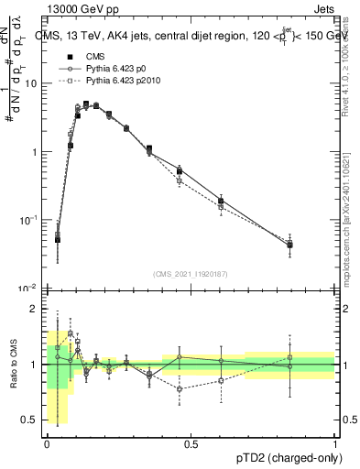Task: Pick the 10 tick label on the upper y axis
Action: click(32, 83)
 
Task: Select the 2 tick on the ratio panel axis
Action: click(37, 309)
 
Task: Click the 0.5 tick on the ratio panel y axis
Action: click(33, 420)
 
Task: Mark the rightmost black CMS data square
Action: click(289, 245)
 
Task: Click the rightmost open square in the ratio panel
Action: click(289, 357)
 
